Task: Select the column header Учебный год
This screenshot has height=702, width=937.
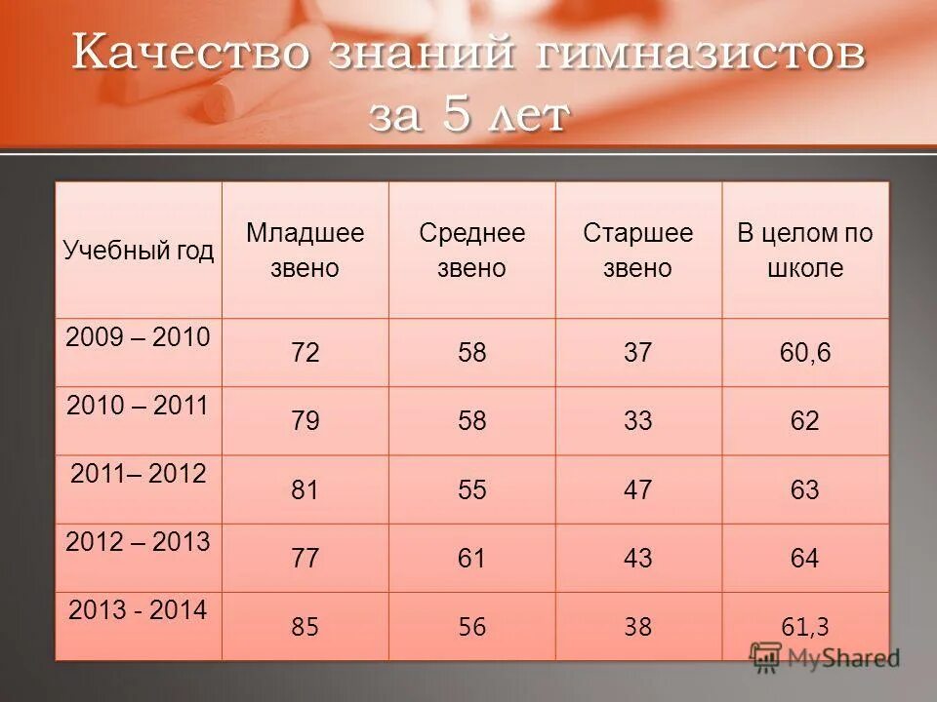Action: (139, 251)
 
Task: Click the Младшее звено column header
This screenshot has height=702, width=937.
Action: (305, 251)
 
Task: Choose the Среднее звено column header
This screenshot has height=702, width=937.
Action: (471, 251)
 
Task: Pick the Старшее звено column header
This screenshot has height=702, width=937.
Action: (638, 251)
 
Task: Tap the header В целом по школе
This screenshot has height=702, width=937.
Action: (805, 251)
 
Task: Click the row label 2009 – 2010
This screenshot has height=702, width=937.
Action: (138, 338)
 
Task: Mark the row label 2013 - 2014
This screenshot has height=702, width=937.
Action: (138, 611)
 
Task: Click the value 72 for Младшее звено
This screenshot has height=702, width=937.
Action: (305, 353)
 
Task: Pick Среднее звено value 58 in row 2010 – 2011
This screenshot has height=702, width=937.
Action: (471, 421)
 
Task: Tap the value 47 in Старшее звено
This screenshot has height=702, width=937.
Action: (638, 489)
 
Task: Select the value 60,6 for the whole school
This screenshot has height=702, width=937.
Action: (805, 353)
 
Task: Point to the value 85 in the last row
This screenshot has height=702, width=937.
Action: (305, 627)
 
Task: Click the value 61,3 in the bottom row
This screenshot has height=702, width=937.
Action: (805, 627)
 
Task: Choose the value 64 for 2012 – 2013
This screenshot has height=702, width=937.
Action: (805, 559)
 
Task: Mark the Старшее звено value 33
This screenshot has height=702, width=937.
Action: (638, 421)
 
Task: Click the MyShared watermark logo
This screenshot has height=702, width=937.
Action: (825, 656)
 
